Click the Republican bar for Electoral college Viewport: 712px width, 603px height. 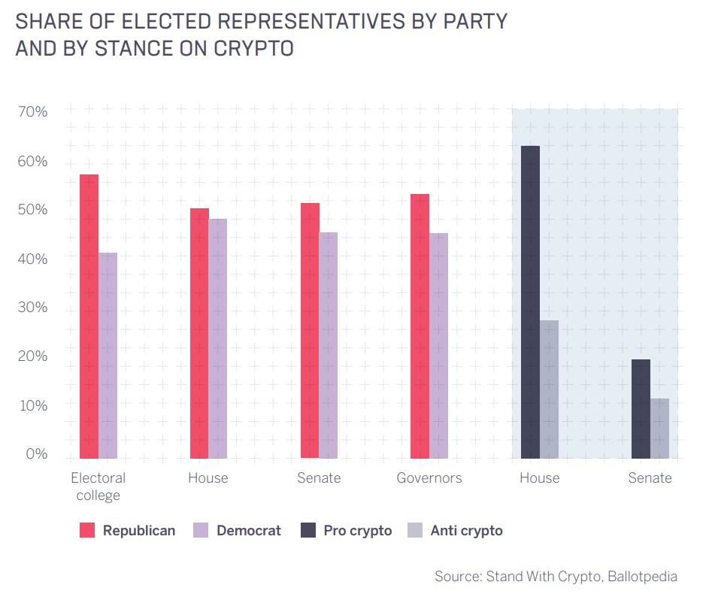(89, 316)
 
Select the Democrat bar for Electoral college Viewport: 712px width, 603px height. (108, 355)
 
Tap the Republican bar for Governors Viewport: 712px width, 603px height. (420, 326)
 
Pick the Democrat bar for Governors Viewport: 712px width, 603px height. (438, 345)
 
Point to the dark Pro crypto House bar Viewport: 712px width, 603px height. (530, 301)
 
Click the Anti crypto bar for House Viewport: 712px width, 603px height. (549, 389)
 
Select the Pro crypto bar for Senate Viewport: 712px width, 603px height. (641, 408)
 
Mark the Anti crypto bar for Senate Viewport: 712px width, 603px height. (659, 428)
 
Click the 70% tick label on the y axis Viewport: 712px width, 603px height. (32, 112)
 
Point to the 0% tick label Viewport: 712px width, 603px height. (35, 454)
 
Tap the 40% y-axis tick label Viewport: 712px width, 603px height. (32, 259)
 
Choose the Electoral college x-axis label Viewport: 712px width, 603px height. (98, 486)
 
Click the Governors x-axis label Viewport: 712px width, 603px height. (429, 478)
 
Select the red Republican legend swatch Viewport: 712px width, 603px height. (87, 531)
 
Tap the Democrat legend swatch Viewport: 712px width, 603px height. (201, 531)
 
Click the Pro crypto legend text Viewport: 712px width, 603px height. (358, 531)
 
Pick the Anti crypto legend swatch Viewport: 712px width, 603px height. (414, 531)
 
